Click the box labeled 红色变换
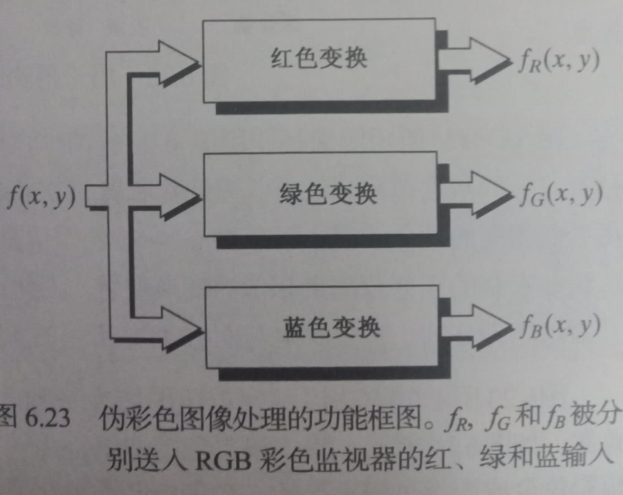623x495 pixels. click(x=319, y=60)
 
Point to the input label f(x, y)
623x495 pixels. click(x=41, y=198)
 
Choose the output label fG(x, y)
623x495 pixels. click(x=560, y=195)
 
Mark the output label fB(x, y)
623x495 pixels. click(x=560, y=326)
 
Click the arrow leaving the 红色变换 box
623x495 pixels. click(x=476, y=59)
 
